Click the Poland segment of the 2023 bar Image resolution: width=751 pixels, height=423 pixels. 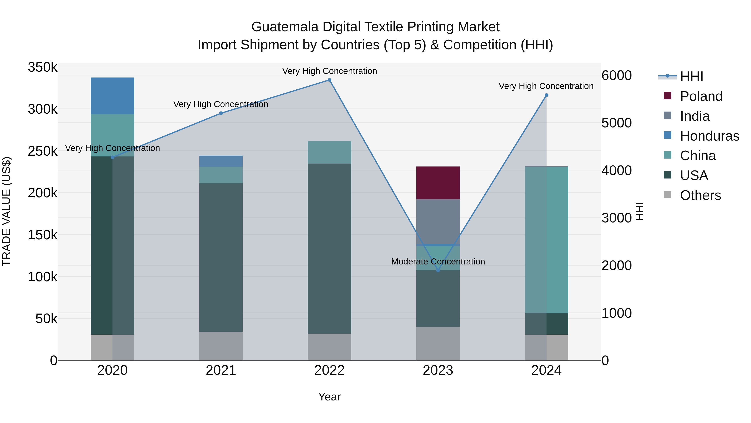pos(438,183)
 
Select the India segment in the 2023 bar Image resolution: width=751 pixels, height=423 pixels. pos(438,222)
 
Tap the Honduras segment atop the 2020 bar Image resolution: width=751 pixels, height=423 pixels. pos(112,96)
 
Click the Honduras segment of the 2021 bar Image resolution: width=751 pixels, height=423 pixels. pos(221,161)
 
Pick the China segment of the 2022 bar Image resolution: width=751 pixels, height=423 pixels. pos(329,152)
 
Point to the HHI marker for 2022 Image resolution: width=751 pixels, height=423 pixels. pos(329,80)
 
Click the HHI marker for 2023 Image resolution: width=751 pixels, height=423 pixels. pos(438,271)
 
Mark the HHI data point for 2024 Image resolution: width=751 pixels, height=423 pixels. pos(546,95)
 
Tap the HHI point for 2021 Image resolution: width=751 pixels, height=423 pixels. pos(221,113)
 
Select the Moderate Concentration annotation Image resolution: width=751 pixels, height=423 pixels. pos(438,261)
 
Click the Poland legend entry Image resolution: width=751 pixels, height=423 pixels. pos(701,96)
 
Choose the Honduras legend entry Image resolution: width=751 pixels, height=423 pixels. pos(709,136)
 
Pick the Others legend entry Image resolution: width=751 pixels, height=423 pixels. pos(700,195)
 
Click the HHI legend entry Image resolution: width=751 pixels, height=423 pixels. pos(691,76)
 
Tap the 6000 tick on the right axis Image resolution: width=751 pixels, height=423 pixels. pos(616,75)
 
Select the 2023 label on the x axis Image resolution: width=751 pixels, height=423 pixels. pos(438,370)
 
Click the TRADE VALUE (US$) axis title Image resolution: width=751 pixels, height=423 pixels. pos(6,211)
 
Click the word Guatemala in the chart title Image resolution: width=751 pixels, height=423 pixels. pos(285,27)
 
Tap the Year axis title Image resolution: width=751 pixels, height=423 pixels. pos(329,397)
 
